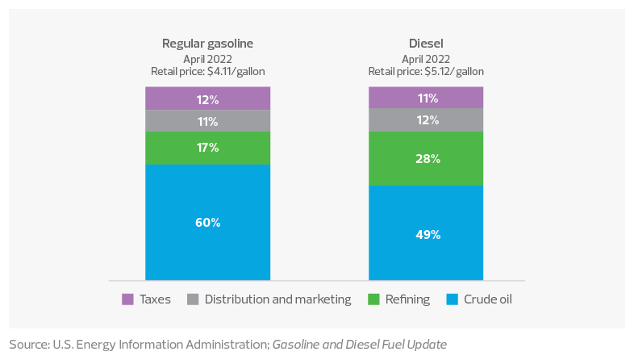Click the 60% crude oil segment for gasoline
207,222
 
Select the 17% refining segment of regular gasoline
207,148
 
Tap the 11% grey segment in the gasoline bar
207,120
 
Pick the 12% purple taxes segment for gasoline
207,98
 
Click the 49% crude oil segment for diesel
426,233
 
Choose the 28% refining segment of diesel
426,158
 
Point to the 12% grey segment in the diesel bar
426,119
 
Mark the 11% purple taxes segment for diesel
426,98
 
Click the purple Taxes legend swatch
127,299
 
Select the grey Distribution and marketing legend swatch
192,299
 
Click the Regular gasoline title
207,44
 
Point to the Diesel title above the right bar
426,44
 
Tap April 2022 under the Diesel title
426,58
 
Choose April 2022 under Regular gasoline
207,58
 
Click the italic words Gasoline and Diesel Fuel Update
359,345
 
